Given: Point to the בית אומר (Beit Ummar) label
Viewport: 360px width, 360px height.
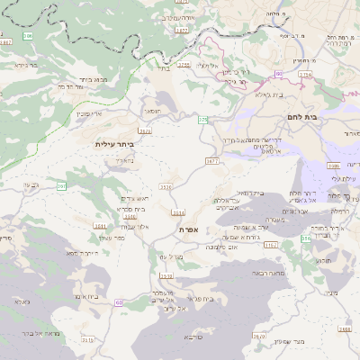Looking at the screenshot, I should point(86,295).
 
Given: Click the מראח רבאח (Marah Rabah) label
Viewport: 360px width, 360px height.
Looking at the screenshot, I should point(269,271).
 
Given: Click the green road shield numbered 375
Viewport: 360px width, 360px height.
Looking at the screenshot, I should point(203,119).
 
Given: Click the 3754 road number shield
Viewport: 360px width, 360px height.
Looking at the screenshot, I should point(305,74).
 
